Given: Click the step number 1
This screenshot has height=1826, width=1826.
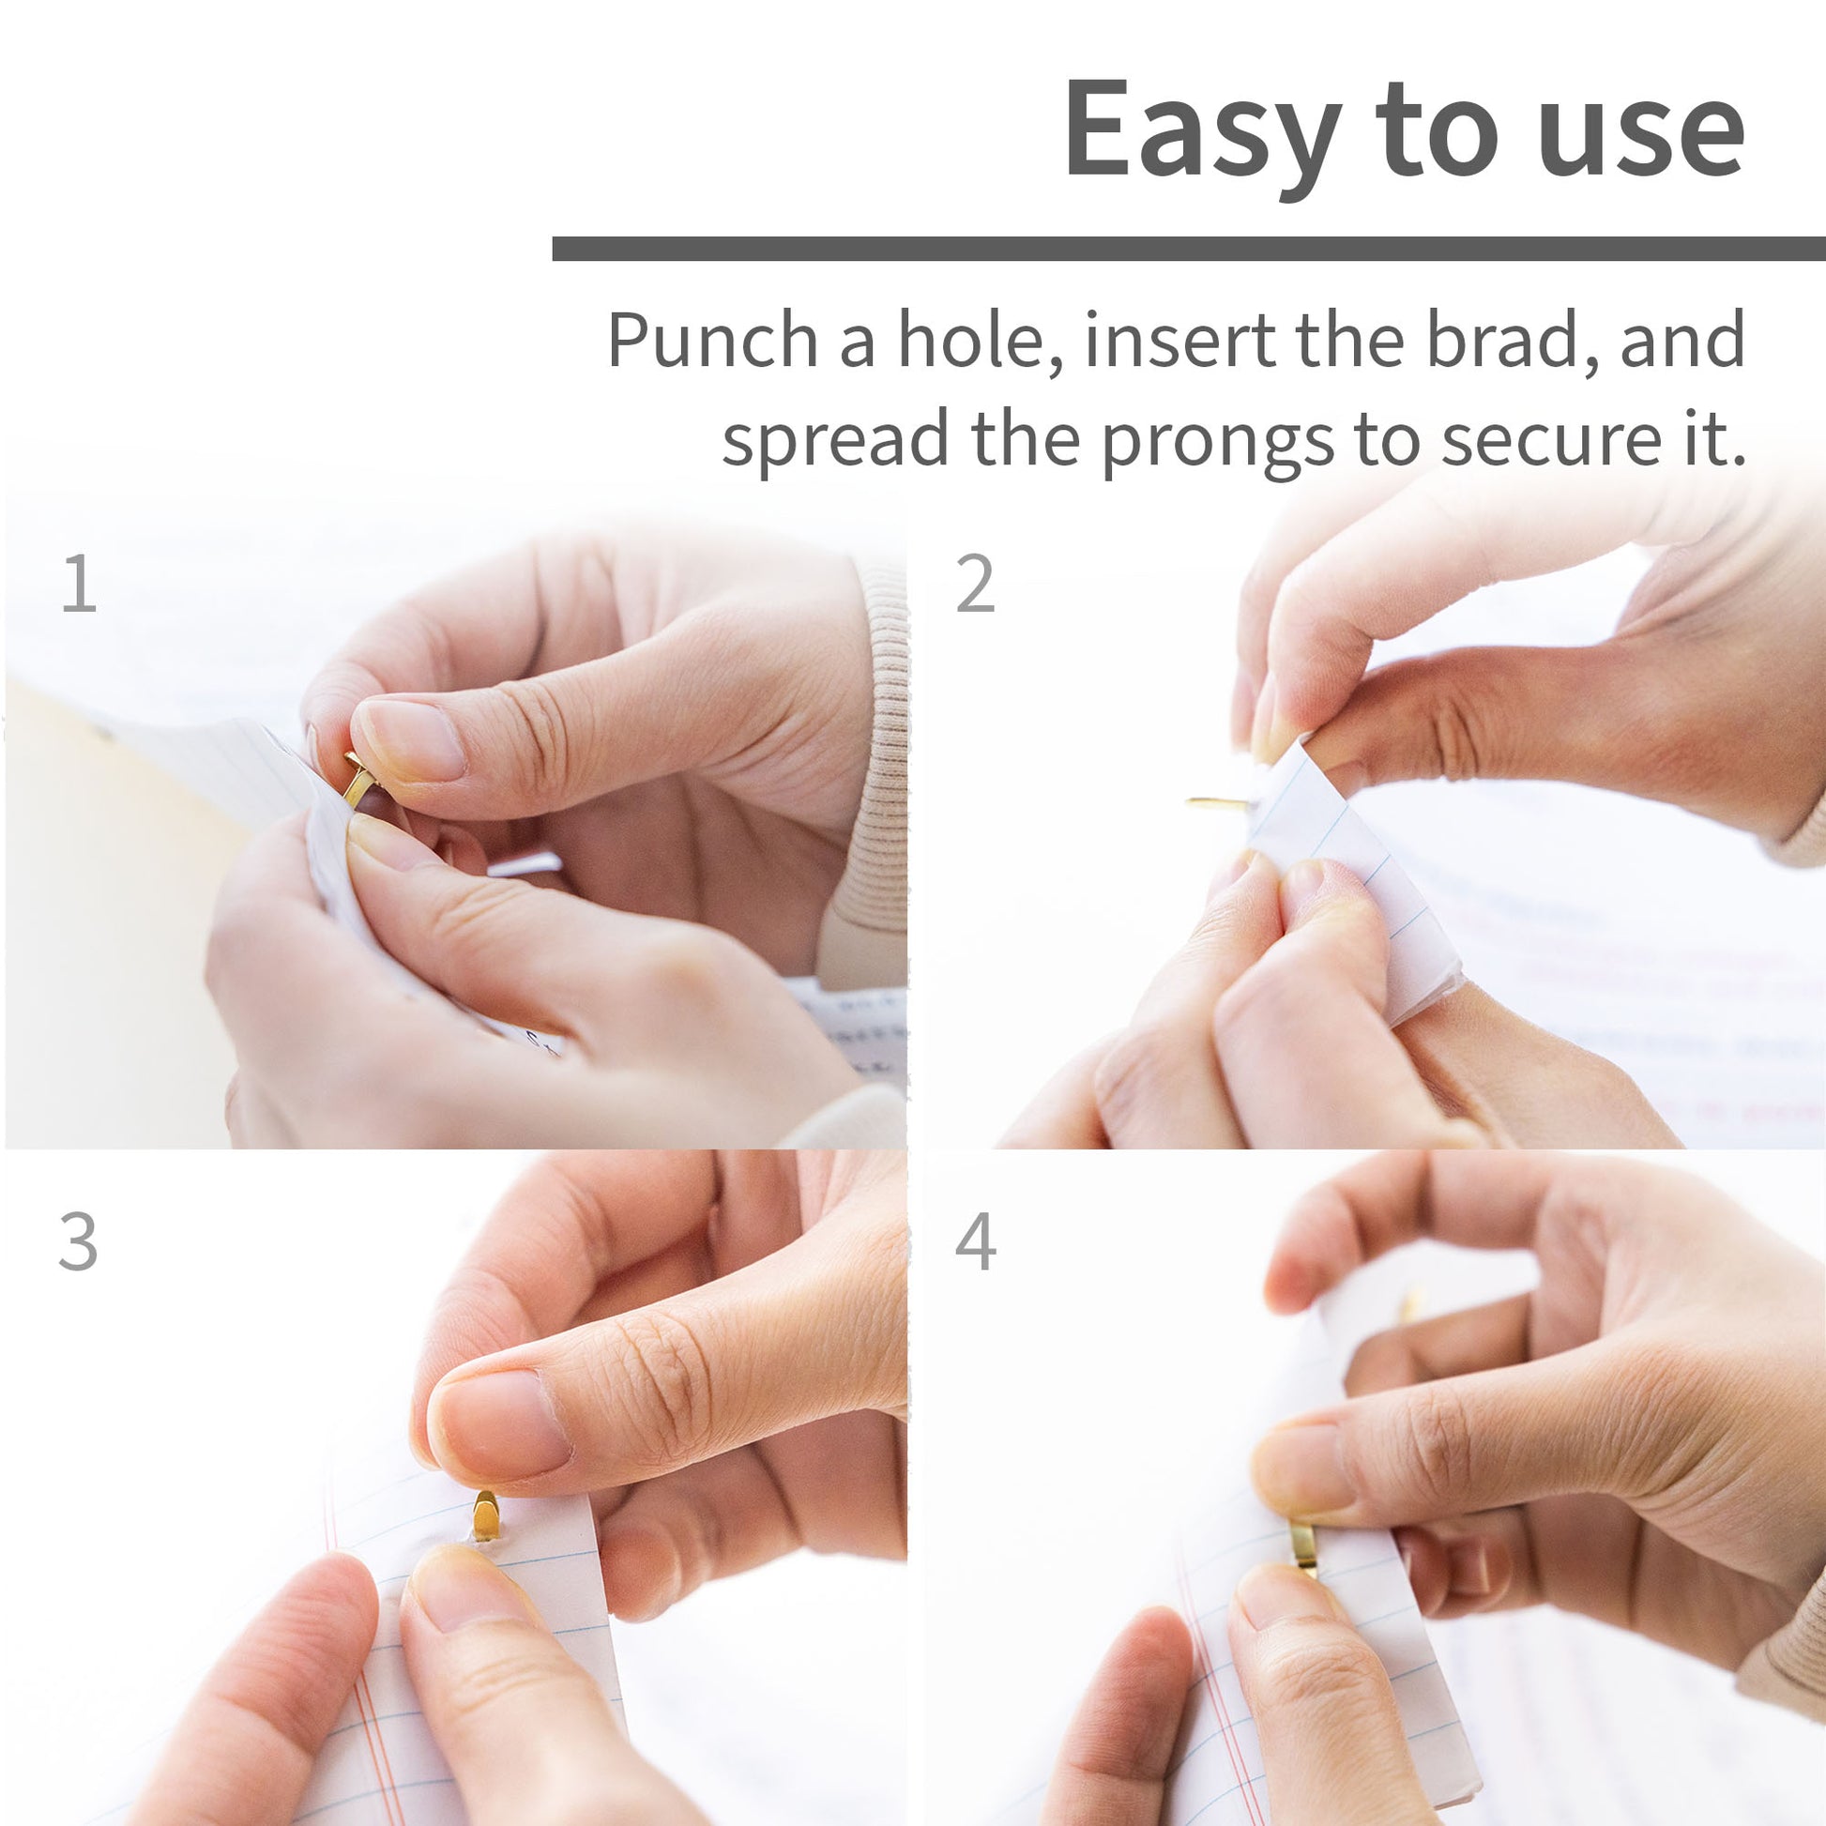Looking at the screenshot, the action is (x=80, y=583).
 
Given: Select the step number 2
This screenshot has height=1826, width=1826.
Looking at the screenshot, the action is (x=975, y=583).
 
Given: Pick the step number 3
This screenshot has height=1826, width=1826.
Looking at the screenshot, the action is (x=78, y=1242).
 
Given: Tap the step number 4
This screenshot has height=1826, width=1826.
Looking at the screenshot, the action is (x=975, y=1242).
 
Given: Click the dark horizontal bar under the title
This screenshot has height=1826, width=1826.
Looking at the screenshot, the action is (x=1189, y=249).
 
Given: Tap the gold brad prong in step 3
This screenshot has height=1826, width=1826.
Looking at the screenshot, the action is (x=485, y=1515).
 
